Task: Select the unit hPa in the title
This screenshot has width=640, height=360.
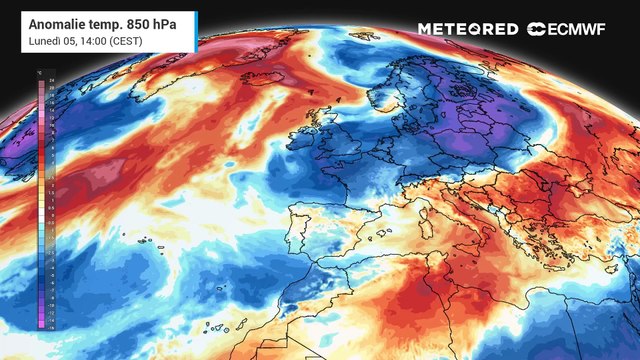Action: (180, 22)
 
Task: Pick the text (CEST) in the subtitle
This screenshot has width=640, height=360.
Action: (134, 40)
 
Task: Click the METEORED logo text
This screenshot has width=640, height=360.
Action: (468, 29)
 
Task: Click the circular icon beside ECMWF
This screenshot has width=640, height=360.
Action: (536, 29)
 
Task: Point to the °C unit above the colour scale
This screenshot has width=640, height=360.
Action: (39, 75)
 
